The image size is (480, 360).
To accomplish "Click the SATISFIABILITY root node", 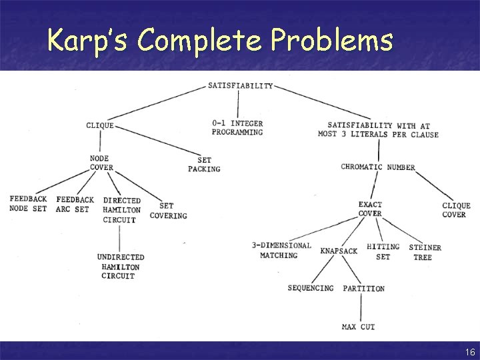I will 241,85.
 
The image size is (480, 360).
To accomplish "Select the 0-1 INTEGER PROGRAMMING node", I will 237,128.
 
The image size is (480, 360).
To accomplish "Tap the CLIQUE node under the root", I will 100,125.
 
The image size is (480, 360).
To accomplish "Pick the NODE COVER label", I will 101,163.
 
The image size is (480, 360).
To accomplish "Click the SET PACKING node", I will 204,165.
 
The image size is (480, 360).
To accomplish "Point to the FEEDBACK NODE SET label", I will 28,204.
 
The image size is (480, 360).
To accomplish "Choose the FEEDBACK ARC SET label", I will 75,204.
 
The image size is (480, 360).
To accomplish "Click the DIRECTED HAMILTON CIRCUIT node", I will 121,209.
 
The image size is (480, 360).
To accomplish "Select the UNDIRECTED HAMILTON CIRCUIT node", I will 120,266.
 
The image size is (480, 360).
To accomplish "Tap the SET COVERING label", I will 168,211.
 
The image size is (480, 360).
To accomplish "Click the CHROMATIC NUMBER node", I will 377,167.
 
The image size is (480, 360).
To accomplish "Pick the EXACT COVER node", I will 370,209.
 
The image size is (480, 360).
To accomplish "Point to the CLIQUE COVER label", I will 456,210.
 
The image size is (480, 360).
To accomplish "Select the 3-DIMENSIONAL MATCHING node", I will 281,250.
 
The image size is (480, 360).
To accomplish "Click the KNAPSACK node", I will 339,251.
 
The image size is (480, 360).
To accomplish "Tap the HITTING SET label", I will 383,251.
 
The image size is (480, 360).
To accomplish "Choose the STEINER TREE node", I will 425,252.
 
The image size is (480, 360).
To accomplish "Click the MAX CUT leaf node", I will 358,327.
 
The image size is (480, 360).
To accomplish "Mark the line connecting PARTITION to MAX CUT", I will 361,307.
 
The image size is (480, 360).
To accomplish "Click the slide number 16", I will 470,352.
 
